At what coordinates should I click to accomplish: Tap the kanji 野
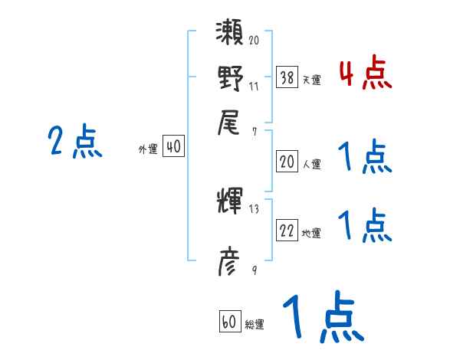(231, 78)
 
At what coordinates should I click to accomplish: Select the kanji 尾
(231, 121)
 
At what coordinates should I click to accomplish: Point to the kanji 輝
(231, 201)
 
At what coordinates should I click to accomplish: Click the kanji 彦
(231, 263)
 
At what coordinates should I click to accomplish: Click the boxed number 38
(287, 77)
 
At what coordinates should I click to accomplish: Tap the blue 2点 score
(75, 142)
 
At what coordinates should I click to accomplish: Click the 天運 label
(312, 80)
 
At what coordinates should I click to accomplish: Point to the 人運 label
(312, 163)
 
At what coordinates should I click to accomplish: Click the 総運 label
(255, 325)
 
